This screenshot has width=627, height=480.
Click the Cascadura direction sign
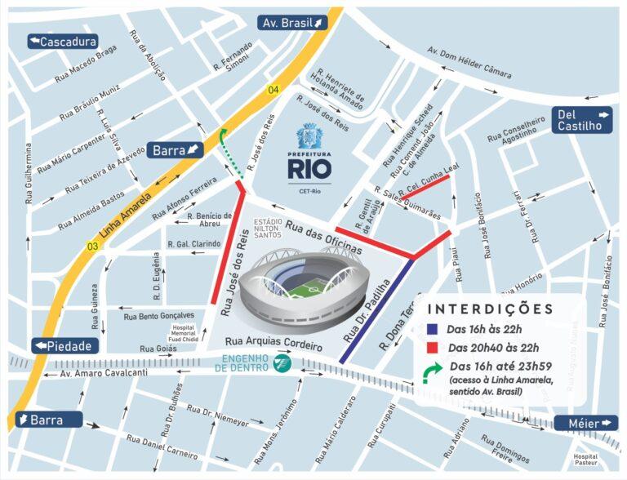(x=62, y=42)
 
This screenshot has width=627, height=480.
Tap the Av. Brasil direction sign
(x=294, y=23)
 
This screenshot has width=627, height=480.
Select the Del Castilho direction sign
(x=585, y=120)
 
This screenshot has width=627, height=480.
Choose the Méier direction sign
(x=586, y=423)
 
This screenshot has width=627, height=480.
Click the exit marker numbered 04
(x=273, y=89)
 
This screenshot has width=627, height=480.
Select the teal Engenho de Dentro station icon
(x=282, y=362)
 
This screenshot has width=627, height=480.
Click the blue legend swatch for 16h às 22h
(x=433, y=329)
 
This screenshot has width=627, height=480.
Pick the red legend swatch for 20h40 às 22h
(x=433, y=349)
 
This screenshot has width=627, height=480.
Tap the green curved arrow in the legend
(x=433, y=374)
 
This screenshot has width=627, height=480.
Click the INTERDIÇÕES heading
(x=490, y=309)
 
